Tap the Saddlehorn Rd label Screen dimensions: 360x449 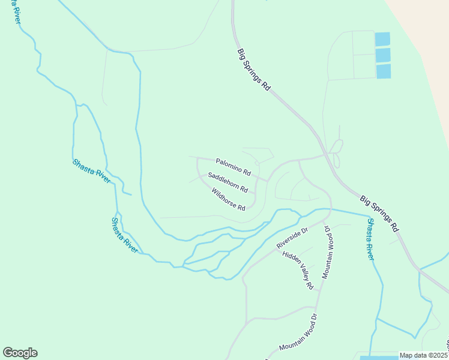pyautogui.click(x=228, y=182)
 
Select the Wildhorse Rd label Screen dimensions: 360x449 pyautogui.click(x=228, y=200)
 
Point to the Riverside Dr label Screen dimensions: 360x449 pyautogui.click(x=292, y=238)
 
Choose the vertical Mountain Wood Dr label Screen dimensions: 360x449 pyautogui.click(x=328, y=251)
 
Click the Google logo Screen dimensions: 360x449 pyautogui.click(x=20, y=353)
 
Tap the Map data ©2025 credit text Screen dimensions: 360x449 pyautogui.click(x=423, y=355)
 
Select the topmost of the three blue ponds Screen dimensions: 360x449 pyautogui.click(x=382, y=39)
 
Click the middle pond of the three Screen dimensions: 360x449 pyautogui.click(x=382, y=55)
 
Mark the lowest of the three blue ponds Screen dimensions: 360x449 pyautogui.click(x=384, y=71)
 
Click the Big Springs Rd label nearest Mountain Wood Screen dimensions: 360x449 pyautogui.click(x=379, y=213)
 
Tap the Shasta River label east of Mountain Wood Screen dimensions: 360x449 pyautogui.click(x=371, y=239)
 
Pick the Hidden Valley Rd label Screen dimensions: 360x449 pyautogui.click(x=298, y=270)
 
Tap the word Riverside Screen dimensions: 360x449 pyautogui.click(x=288, y=241)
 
